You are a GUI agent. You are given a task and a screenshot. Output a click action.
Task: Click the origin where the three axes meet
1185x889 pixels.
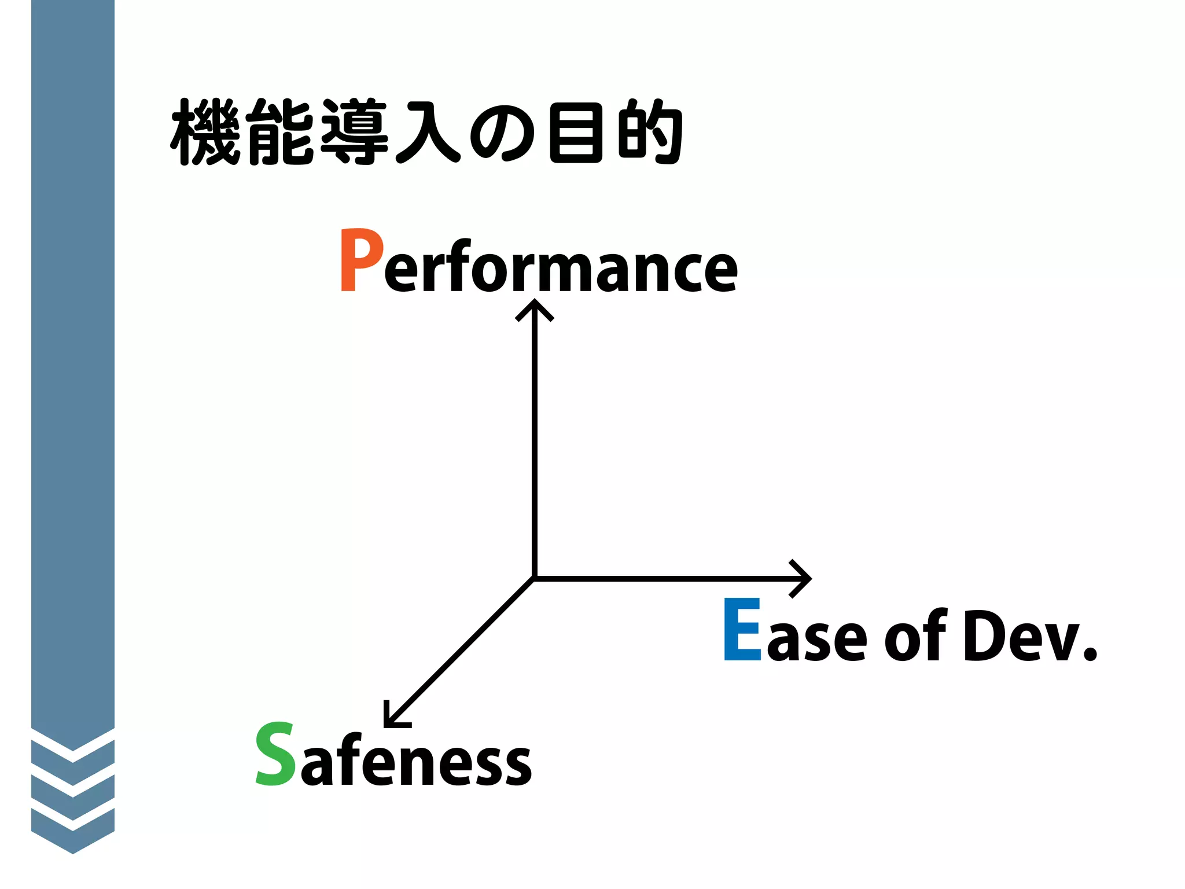click(x=535, y=578)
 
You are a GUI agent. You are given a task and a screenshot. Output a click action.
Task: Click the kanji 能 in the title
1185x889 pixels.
click(x=280, y=132)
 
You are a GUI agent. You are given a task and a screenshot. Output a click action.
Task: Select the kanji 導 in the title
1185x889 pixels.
click(x=354, y=132)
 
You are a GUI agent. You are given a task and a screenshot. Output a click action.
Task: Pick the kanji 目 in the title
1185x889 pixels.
click(x=576, y=132)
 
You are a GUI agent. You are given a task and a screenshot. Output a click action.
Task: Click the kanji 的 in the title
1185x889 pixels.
click(x=650, y=132)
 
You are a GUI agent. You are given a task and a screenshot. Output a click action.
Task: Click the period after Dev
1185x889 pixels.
click(x=1090, y=653)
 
